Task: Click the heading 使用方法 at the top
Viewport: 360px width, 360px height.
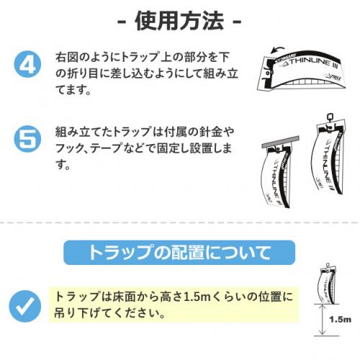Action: (179, 21)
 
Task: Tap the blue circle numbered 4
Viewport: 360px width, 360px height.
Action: (27, 64)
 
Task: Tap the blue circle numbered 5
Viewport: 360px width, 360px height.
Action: (27, 139)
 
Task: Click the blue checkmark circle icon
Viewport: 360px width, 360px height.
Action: (25, 306)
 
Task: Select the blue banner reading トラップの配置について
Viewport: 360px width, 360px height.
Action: (179, 253)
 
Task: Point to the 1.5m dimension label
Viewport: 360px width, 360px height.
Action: (340, 320)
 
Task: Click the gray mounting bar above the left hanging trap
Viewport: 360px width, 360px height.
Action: (280, 142)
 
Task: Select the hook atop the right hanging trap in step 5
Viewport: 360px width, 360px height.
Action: (330, 117)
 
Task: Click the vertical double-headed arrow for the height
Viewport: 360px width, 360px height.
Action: (323, 320)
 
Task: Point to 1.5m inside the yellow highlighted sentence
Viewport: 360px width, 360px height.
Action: (197, 297)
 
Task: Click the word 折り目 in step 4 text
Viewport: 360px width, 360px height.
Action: (84, 73)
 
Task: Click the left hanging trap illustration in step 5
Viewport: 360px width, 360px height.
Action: (277, 176)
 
